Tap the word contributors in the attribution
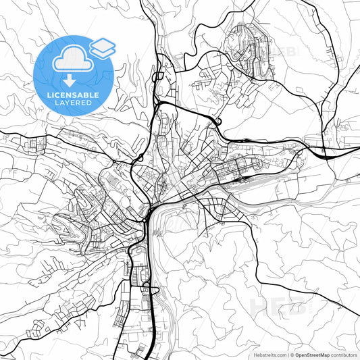pos(344,353)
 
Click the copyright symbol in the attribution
pos(291,353)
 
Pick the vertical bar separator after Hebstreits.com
pos(286,353)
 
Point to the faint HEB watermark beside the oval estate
pos(283,52)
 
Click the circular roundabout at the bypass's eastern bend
pos(217,122)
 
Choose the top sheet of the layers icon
pos(103,43)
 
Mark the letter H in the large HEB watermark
pos(261,306)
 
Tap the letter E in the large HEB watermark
pos(279,306)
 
